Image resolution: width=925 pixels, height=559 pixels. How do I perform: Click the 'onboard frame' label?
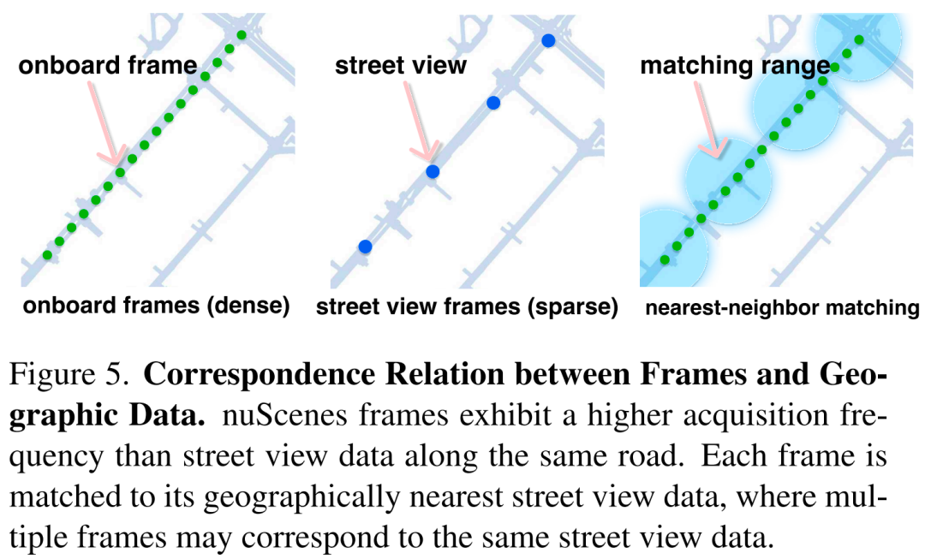pyautogui.click(x=108, y=66)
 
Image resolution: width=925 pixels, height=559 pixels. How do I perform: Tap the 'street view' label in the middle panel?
pyautogui.click(x=401, y=66)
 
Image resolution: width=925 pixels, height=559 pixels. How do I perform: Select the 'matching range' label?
pyautogui.click(x=735, y=66)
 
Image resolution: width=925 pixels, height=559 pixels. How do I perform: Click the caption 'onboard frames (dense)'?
pyautogui.click(x=156, y=306)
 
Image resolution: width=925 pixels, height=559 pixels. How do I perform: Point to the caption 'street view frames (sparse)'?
pyautogui.click(x=467, y=306)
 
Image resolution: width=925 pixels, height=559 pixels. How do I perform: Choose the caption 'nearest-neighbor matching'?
pyautogui.click(x=782, y=307)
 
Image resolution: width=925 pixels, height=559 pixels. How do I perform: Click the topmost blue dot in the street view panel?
pyautogui.click(x=548, y=39)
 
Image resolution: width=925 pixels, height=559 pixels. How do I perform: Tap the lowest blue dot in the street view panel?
pyautogui.click(x=365, y=247)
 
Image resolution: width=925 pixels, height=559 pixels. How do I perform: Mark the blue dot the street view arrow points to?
pyautogui.click(x=433, y=171)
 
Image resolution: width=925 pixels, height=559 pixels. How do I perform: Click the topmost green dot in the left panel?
pyautogui.click(x=242, y=35)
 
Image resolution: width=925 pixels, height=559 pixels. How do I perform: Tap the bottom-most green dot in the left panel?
pyautogui.click(x=47, y=255)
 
